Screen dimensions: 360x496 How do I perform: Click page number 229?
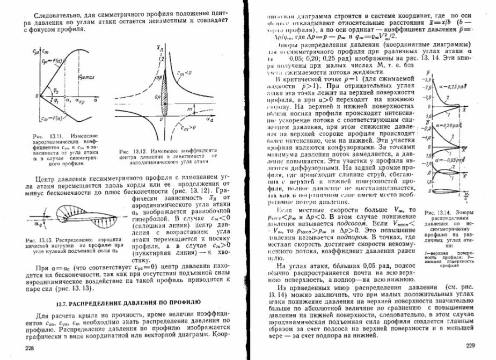click(x=471, y=346)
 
